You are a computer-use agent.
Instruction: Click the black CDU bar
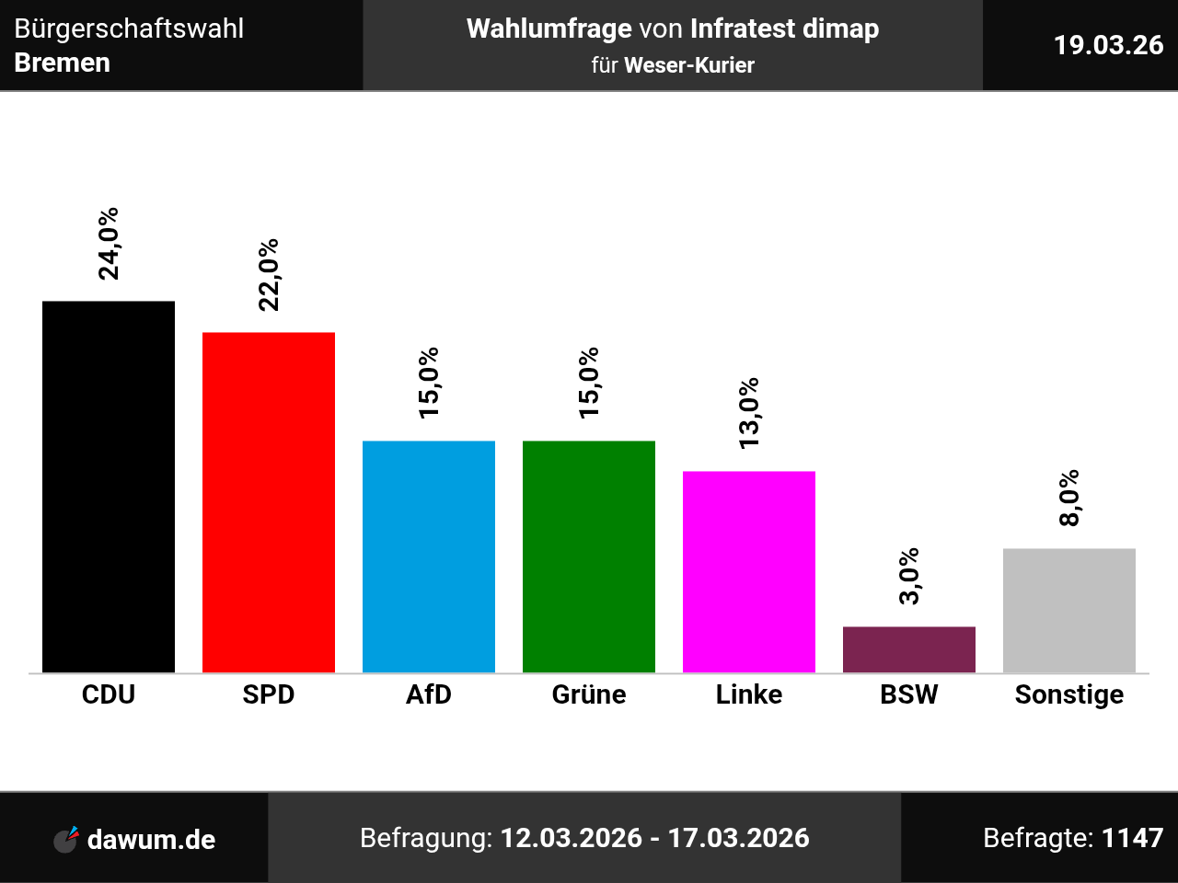coord(109,487)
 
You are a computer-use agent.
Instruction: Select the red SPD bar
coord(269,502)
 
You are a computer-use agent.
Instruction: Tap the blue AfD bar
coord(429,556)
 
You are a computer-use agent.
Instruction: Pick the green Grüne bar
coord(589,556)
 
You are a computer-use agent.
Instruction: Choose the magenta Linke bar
coord(749,571)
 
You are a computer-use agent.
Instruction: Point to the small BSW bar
coord(909,649)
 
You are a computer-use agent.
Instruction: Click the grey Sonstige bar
coord(1069,610)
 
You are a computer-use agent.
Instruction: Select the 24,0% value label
coord(109,243)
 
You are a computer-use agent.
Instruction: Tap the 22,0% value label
coord(269,275)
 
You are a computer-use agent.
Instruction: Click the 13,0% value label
coord(749,413)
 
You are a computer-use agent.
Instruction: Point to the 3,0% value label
coord(909,576)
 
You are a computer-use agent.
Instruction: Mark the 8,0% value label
coord(1069,498)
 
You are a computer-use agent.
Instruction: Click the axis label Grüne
coord(589,694)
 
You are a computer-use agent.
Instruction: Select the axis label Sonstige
coord(1069,694)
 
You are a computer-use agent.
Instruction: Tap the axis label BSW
coord(909,694)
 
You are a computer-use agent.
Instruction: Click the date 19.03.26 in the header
coord(1108,45)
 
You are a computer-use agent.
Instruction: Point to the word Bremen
coord(63,63)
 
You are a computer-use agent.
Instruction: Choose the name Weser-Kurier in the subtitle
coord(689,65)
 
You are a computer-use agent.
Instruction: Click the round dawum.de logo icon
coord(65,839)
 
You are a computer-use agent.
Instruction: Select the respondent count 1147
coord(1132,838)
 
